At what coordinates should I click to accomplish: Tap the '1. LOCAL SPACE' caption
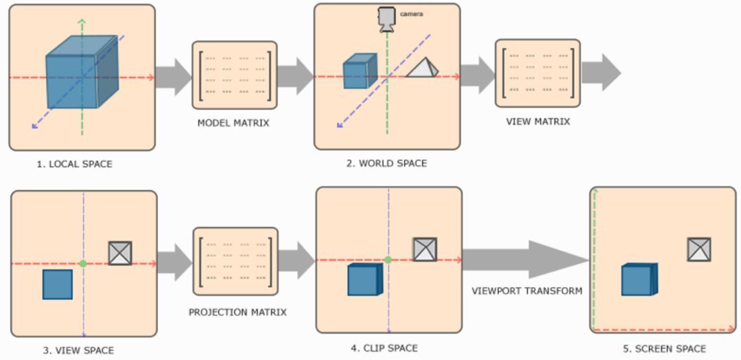(x=75, y=164)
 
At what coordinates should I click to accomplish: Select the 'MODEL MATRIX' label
(x=233, y=123)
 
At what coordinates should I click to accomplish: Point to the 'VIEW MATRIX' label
(x=538, y=121)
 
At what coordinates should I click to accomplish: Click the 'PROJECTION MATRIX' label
(x=237, y=312)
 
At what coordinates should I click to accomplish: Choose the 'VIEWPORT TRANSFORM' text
(x=527, y=291)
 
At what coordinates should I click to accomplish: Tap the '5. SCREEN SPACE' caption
(x=664, y=349)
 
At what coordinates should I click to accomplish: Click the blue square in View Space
(x=58, y=285)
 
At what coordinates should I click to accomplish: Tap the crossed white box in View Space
(x=120, y=253)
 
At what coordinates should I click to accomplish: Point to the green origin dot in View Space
(x=83, y=263)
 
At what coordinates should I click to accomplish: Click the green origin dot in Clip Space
(x=388, y=260)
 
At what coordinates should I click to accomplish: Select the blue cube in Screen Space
(x=639, y=280)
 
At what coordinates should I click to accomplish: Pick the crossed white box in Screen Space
(x=699, y=250)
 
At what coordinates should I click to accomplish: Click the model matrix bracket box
(x=235, y=75)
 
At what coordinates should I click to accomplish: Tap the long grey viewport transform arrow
(x=525, y=260)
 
